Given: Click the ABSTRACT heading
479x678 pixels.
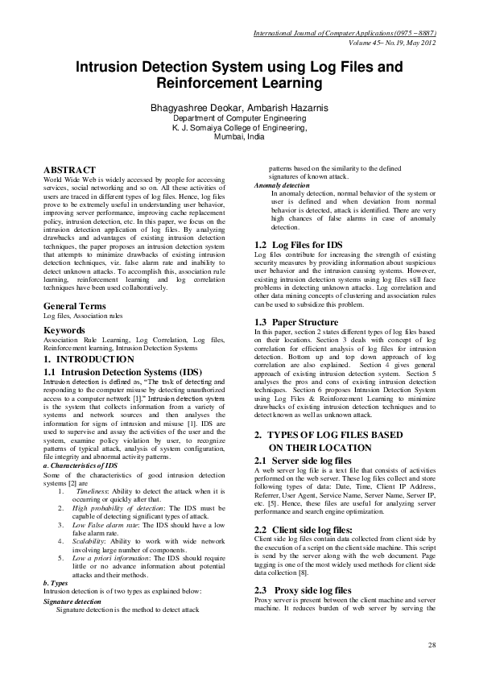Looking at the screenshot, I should coord(68,170).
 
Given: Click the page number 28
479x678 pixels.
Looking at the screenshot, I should coord(432,646).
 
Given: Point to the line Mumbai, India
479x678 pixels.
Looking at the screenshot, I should coord(239,137).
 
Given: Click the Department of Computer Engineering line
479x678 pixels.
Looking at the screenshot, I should coord(239,118).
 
